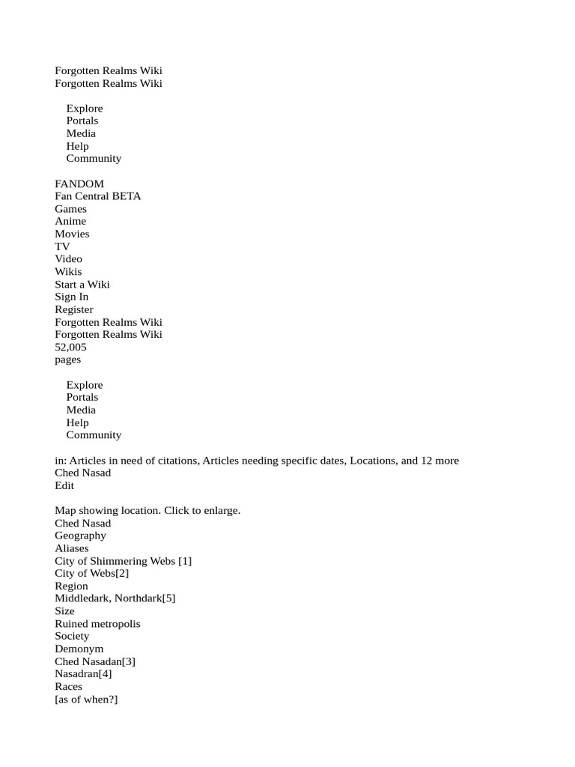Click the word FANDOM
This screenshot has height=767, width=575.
(79, 184)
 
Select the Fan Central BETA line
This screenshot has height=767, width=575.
(98, 196)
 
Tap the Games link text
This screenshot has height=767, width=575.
(70, 209)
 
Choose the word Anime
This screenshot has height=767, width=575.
(70, 221)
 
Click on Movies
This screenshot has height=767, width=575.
(72, 234)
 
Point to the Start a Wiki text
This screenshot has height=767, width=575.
(82, 284)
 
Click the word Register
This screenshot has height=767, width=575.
(74, 309)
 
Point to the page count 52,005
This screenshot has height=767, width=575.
(70, 347)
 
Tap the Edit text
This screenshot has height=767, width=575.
(64, 485)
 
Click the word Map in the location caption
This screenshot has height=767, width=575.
(65, 510)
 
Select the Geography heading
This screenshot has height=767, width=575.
(80, 536)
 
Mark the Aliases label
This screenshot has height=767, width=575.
(72, 548)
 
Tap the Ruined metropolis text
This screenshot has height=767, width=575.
(97, 623)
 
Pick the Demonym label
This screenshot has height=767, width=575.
(79, 649)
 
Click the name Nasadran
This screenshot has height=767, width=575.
(76, 674)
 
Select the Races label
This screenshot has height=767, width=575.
(69, 686)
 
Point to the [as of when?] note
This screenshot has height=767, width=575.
(86, 699)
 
